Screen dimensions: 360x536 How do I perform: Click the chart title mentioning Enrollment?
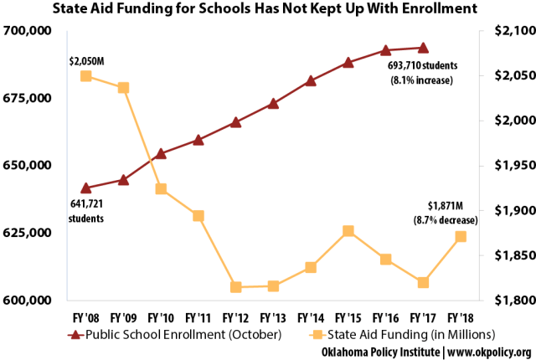click(268, 10)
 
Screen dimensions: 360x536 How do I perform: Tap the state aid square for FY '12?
click(236, 287)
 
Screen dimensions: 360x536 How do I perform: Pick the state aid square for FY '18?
click(461, 237)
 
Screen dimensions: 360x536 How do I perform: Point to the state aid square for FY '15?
click(348, 231)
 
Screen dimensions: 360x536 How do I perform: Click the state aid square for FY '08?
click(86, 76)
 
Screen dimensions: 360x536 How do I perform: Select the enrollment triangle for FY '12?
click(236, 122)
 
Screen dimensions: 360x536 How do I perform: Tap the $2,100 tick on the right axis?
click(504, 31)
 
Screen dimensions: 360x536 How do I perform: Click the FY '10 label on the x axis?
click(161, 317)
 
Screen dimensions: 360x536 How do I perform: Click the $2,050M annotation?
click(87, 60)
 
